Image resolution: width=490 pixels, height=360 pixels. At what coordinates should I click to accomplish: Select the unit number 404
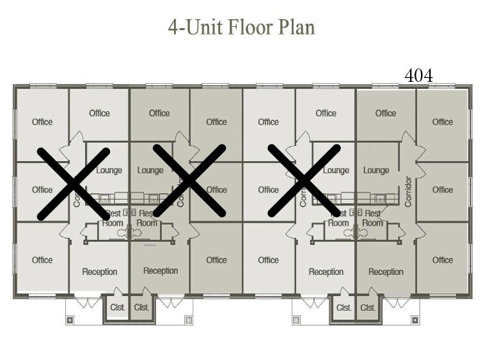point(419,75)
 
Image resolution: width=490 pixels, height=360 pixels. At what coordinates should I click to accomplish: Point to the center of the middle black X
point(189,181)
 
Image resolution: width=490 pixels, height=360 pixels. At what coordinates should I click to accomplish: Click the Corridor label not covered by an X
point(408,191)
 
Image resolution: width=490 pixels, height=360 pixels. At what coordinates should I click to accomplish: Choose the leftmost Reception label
point(100,272)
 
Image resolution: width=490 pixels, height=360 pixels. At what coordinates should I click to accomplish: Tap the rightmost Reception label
point(386,272)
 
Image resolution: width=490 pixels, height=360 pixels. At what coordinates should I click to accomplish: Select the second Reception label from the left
point(161,270)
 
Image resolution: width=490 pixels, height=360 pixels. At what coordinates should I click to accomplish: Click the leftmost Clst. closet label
point(117,308)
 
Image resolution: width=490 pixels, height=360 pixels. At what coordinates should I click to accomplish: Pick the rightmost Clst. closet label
point(368,308)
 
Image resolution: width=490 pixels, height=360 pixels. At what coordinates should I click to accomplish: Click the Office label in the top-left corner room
point(42,122)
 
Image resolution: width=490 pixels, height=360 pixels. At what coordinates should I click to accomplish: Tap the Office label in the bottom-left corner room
point(42,260)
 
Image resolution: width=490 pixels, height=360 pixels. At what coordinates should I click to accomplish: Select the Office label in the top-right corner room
point(442,122)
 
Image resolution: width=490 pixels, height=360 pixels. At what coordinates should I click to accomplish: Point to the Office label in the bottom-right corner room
point(442,260)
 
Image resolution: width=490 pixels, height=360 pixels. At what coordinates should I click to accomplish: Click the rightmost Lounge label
point(376,170)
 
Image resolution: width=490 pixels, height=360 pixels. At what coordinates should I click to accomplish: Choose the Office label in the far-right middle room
point(442,190)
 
